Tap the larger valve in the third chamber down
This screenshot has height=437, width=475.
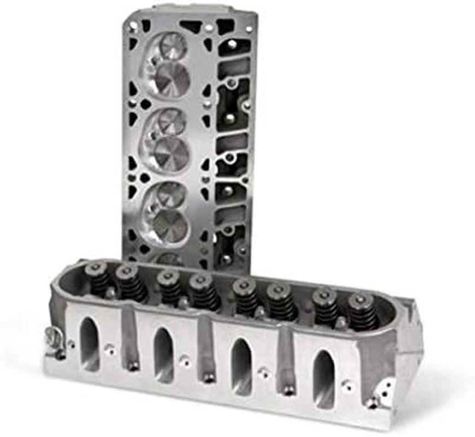tap(169, 226)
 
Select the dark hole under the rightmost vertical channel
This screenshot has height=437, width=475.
tap(288, 389)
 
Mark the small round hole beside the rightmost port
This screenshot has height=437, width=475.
tap(347, 386)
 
